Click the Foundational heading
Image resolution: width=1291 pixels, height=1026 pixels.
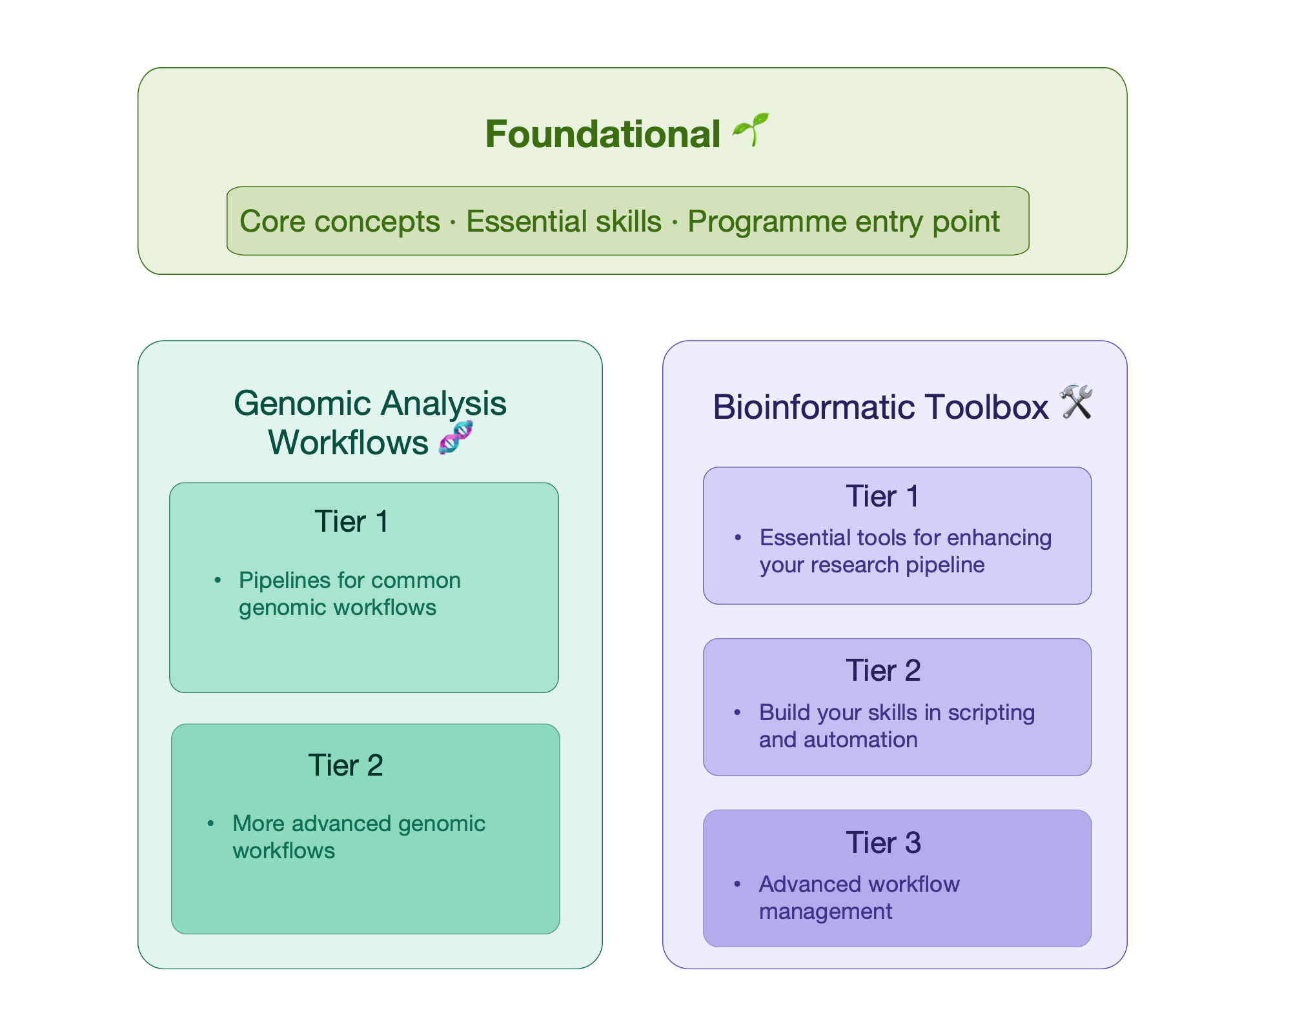click(x=602, y=134)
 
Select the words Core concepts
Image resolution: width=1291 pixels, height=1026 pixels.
click(x=340, y=221)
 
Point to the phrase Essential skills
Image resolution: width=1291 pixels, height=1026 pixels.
click(x=564, y=221)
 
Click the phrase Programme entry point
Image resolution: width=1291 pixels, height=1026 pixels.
click(x=843, y=221)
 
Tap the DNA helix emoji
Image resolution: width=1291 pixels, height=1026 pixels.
click(x=456, y=438)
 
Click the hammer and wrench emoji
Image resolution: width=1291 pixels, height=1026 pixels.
click(x=1076, y=403)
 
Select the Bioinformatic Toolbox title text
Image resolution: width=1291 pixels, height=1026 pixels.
click(x=880, y=407)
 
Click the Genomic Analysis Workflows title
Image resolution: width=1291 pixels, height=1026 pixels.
click(x=370, y=422)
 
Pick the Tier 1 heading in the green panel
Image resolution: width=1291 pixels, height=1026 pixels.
click(x=352, y=521)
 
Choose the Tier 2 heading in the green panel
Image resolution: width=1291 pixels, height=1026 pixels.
click(x=346, y=765)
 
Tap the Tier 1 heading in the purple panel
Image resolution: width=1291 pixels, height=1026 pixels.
click(x=882, y=496)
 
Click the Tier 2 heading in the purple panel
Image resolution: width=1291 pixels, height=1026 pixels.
click(x=883, y=670)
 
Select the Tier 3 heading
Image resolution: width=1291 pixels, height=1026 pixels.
click(x=883, y=843)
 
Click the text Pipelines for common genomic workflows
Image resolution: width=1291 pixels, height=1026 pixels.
click(x=349, y=594)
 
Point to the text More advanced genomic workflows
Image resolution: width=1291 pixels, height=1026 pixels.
click(x=358, y=837)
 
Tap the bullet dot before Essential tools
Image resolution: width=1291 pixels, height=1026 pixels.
click(x=738, y=538)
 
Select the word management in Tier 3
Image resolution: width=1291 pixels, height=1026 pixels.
click(x=826, y=911)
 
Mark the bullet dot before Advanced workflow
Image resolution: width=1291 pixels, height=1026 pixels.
click(x=737, y=884)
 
